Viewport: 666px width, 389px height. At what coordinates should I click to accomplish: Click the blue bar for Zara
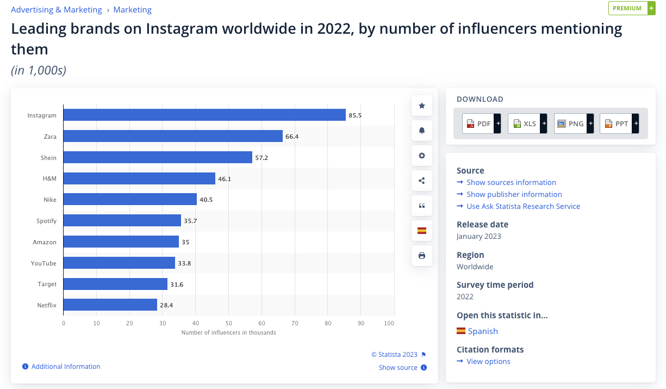coord(173,136)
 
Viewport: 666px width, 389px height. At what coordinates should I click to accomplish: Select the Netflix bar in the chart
coord(110,305)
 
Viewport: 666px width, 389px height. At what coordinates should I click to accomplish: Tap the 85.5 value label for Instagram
coord(356,115)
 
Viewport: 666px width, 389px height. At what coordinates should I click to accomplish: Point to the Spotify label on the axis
coord(46,221)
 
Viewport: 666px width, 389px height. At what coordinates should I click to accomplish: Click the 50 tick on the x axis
coord(228,323)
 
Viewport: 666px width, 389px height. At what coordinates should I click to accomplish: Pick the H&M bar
coord(139,178)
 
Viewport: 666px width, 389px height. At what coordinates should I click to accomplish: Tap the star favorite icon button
coord(422,106)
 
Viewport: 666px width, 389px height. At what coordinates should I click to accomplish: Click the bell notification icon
coord(422,131)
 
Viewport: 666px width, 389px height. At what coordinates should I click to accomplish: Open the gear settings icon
coord(422,156)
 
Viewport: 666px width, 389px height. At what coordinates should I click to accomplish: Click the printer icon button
coord(422,256)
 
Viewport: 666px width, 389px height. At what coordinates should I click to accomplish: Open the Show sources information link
coord(511,182)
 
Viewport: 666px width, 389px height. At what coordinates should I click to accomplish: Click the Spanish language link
coord(483,331)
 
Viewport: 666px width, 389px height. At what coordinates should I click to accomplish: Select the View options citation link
coord(488,361)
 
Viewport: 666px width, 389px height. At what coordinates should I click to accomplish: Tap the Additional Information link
coord(66,367)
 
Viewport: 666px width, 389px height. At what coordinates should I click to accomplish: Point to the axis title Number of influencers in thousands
coord(228,332)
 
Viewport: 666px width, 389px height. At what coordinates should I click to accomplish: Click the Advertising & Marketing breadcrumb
coord(57,10)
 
